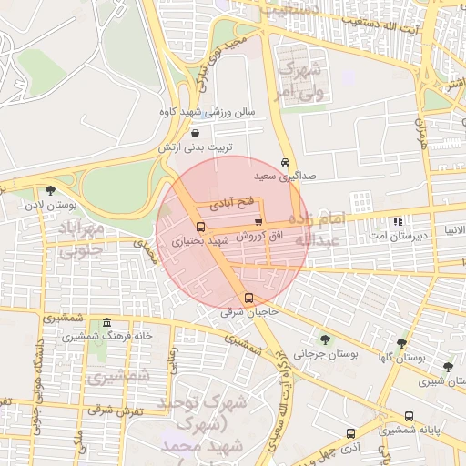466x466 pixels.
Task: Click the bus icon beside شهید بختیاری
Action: tap(200, 227)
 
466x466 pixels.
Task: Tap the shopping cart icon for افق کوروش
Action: tap(258, 221)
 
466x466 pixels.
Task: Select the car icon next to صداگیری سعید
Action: tap(286, 161)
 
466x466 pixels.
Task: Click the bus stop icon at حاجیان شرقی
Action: tap(248, 298)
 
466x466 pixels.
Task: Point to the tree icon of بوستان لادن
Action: tap(49, 190)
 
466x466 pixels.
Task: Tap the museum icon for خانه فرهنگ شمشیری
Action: tap(107, 323)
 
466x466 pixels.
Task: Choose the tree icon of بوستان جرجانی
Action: tap(325, 339)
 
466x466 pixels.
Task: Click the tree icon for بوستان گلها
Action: tap(401, 343)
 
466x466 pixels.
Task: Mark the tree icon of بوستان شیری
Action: tap(447, 367)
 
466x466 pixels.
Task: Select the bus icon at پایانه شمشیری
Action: tap(409, 416)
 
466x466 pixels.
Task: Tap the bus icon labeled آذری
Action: tap(350, 434)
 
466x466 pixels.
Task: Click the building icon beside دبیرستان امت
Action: tap(398, 221)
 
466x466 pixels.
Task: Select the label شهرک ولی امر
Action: tap(301, 79)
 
